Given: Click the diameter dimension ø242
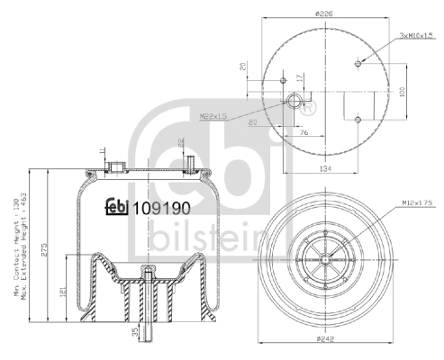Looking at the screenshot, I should [x=327, y=340].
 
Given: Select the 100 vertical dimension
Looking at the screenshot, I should [x=402, y=91].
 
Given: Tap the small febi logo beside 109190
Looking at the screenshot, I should [x=116, y=207].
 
